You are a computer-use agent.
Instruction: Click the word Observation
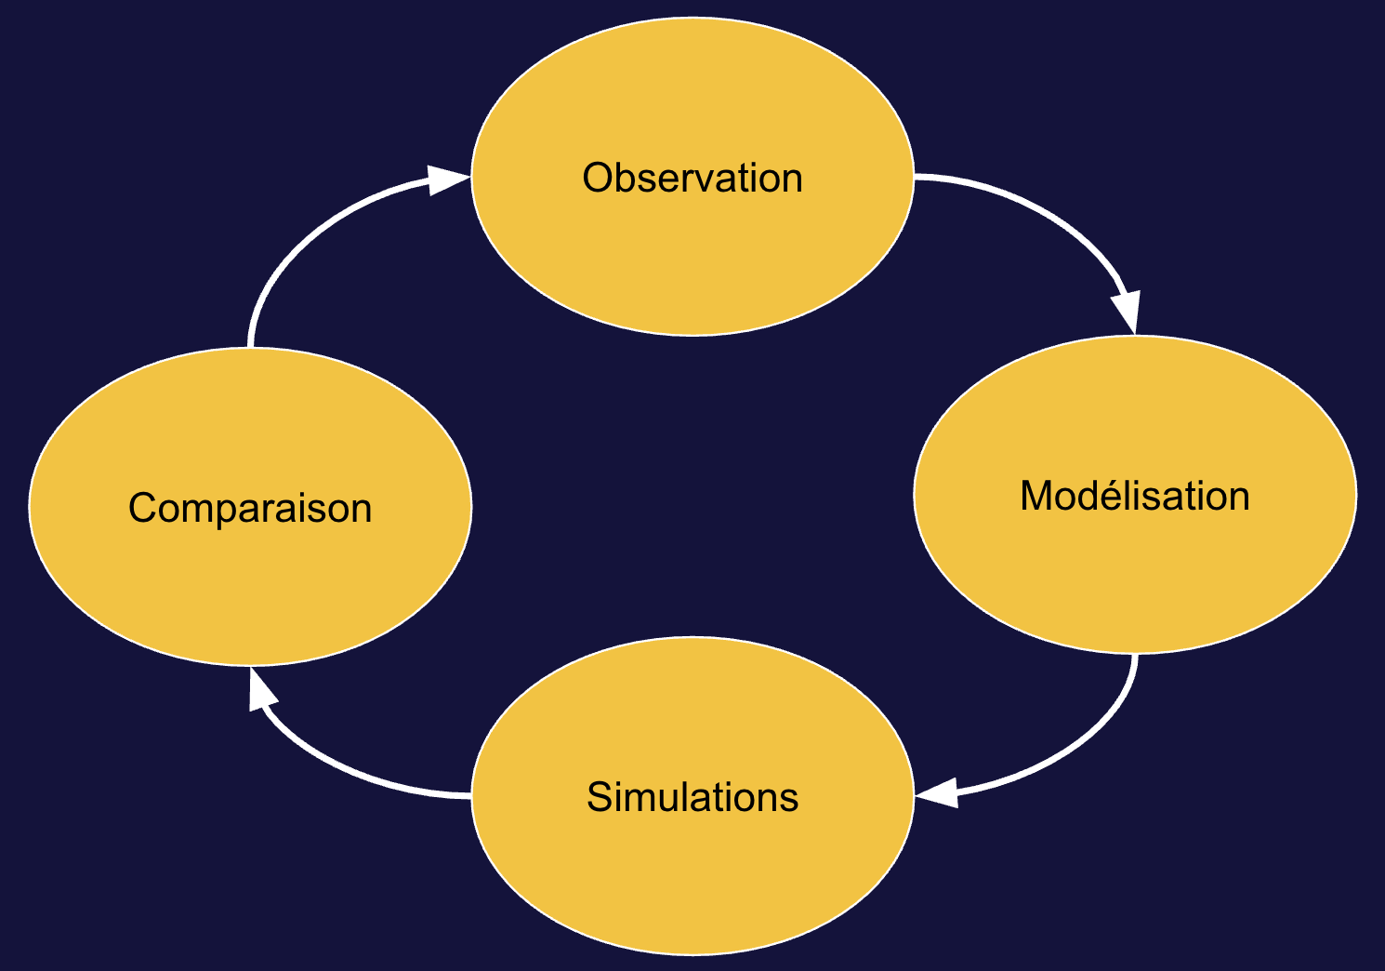click(x=692, y=178)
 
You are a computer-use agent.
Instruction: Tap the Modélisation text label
click(x=1134, y=496)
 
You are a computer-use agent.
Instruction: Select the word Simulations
click(x=692, y=798)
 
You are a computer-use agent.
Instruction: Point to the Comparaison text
click(x=250, y=509)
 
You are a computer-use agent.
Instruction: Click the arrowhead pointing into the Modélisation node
click(x=1127, y=313)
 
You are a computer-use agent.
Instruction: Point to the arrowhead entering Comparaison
click(x=260, y=689)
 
